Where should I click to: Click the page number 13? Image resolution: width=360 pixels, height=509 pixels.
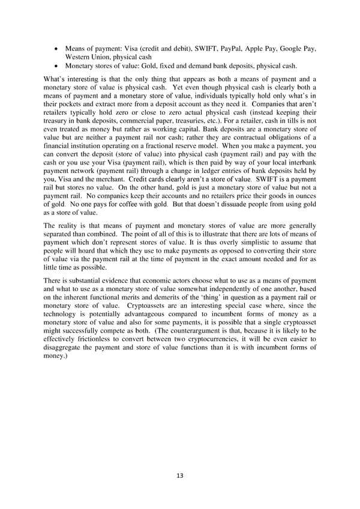click(180, 475)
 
